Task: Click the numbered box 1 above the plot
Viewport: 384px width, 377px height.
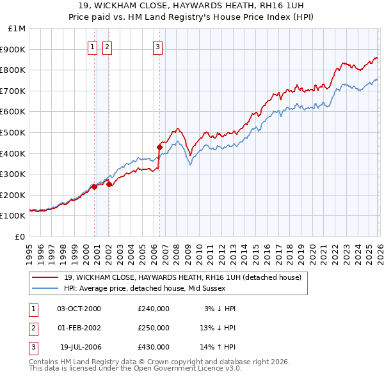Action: [92, 46]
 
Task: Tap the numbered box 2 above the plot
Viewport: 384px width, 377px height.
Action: [106, 46]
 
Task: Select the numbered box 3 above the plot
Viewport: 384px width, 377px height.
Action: [157, 46]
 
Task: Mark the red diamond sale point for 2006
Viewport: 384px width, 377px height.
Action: [159, 147]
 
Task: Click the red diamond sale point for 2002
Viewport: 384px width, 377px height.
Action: [109, 184]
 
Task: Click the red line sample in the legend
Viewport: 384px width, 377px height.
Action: [45, 277]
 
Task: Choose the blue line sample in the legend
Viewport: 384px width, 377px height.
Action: [45, 288]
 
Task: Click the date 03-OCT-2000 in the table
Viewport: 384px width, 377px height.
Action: [79, 309]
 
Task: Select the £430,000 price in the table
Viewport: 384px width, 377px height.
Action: [154, 347]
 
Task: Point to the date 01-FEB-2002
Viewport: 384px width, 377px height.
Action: [79, 328]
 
